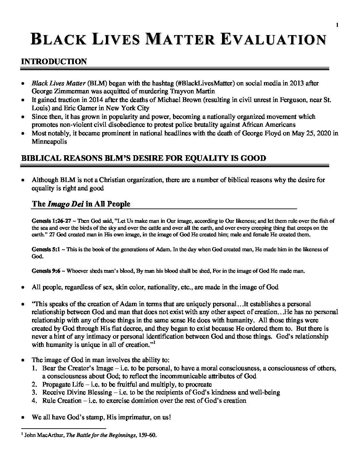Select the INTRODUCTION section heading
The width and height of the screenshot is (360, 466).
point(54,62)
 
